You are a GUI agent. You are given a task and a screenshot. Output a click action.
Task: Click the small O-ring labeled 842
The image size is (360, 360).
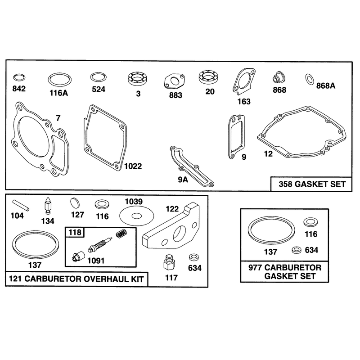coord(19,76)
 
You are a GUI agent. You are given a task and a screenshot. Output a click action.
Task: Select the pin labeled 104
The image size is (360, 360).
coord(21,205)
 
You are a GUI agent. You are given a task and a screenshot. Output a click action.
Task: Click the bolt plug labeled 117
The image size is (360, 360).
coord(170,263)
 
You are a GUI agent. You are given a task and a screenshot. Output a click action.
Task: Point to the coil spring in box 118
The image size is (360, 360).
coord(121,234)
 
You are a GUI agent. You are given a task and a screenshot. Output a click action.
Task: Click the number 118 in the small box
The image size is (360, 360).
coord(75,232)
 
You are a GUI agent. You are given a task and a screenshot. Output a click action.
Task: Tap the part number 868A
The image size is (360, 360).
coord(325,85)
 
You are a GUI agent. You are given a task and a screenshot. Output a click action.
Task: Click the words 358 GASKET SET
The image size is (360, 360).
coord(312,184)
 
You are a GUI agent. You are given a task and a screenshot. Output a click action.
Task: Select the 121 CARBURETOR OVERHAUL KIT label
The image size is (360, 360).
coord(76,279)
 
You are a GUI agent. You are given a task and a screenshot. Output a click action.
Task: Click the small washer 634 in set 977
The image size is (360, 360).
coord(297,250)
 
